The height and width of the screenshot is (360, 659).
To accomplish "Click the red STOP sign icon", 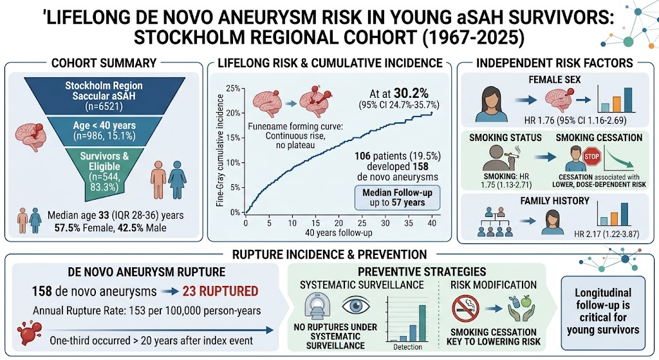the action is [591, 157].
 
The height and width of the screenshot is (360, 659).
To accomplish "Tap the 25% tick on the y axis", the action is [233, 88].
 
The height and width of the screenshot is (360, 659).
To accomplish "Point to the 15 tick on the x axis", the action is [315, 223].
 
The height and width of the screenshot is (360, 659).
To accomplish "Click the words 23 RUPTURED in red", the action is [220, 291].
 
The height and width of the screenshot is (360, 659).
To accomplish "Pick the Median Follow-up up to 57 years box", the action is [397, 198].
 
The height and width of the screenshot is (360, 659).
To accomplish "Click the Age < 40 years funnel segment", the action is [104, 130].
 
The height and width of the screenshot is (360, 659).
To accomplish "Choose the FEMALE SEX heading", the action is [554, 79].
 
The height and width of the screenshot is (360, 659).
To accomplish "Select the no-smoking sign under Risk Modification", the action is [465, 308].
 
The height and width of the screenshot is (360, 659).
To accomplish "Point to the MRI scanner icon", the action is [317, 307].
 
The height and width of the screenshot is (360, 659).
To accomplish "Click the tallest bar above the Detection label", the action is [422, 323].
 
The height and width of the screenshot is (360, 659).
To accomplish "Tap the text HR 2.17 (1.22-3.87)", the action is [606, 234].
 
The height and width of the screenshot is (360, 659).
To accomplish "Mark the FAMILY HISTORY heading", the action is [555, 201].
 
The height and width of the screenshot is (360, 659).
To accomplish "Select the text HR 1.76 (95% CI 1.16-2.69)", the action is [575, 120].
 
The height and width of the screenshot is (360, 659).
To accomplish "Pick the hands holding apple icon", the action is [521, 308].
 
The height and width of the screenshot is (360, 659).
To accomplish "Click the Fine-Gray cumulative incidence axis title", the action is [220, 150].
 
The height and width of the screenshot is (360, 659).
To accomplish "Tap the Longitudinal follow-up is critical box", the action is [603, 312].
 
